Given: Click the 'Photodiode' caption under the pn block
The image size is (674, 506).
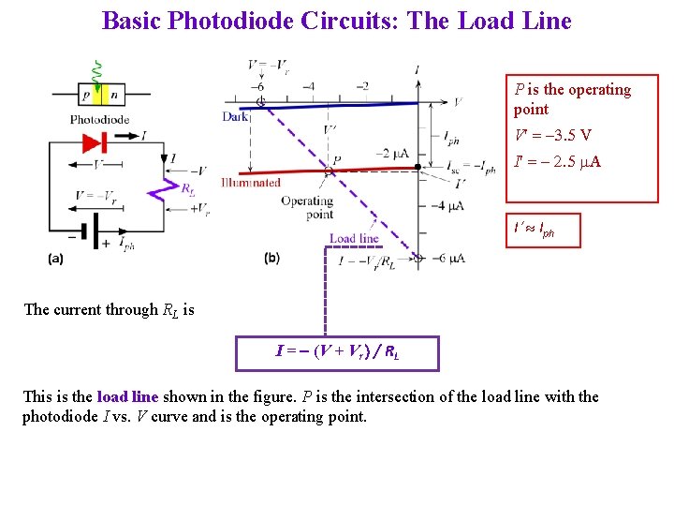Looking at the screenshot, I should (x=99, y=119).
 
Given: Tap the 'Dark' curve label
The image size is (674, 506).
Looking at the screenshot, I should (x=235, y=116).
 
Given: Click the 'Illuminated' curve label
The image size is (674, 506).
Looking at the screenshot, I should (x=251, y=182).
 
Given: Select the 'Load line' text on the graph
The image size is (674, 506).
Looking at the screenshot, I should (x=354, y=238).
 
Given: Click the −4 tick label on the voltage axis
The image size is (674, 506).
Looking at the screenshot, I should (x=308, y=86).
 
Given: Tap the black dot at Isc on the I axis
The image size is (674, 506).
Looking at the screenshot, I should (x=417, y=168).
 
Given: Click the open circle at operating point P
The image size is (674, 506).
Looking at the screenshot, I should (x=330, y=172).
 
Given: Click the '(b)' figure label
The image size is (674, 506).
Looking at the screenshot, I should (x=271, y=258).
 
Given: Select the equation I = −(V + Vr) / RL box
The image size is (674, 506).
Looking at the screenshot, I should (x=337, y=353).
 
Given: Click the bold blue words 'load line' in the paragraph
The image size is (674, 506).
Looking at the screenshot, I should (x=128, y=396).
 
